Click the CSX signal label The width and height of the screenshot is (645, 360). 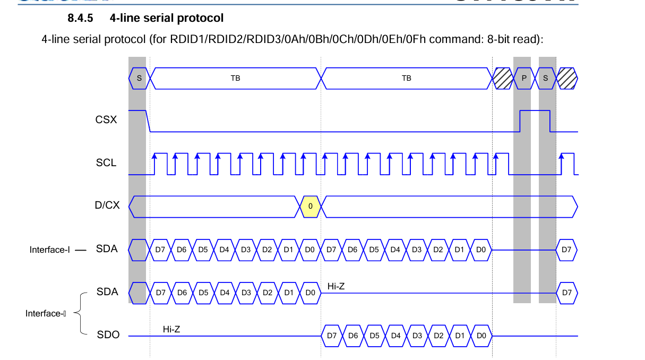coord(106,120)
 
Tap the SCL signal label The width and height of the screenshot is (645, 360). coord(106,163)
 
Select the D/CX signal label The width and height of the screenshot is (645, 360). coord(107,205)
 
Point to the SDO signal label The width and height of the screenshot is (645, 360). coord(108,335)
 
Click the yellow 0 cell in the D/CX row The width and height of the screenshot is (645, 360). coord(311,206)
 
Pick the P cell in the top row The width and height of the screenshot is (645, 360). coord(524,78)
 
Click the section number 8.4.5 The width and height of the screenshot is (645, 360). coord(80,19)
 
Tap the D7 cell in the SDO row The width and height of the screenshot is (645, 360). coord(332,336)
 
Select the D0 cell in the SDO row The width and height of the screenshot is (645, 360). coord(481,336)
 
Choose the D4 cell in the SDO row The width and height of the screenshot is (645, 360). coord(395,336)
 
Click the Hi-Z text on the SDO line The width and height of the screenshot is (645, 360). coord(171,330)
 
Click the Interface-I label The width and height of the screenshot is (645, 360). coord(50,250)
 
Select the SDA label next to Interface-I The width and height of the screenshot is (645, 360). coord(107,248)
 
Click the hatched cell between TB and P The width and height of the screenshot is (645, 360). coord(502,78)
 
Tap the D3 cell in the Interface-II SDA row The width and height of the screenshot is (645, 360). coord(246,293)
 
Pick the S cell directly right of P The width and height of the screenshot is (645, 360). coord(546,78)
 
